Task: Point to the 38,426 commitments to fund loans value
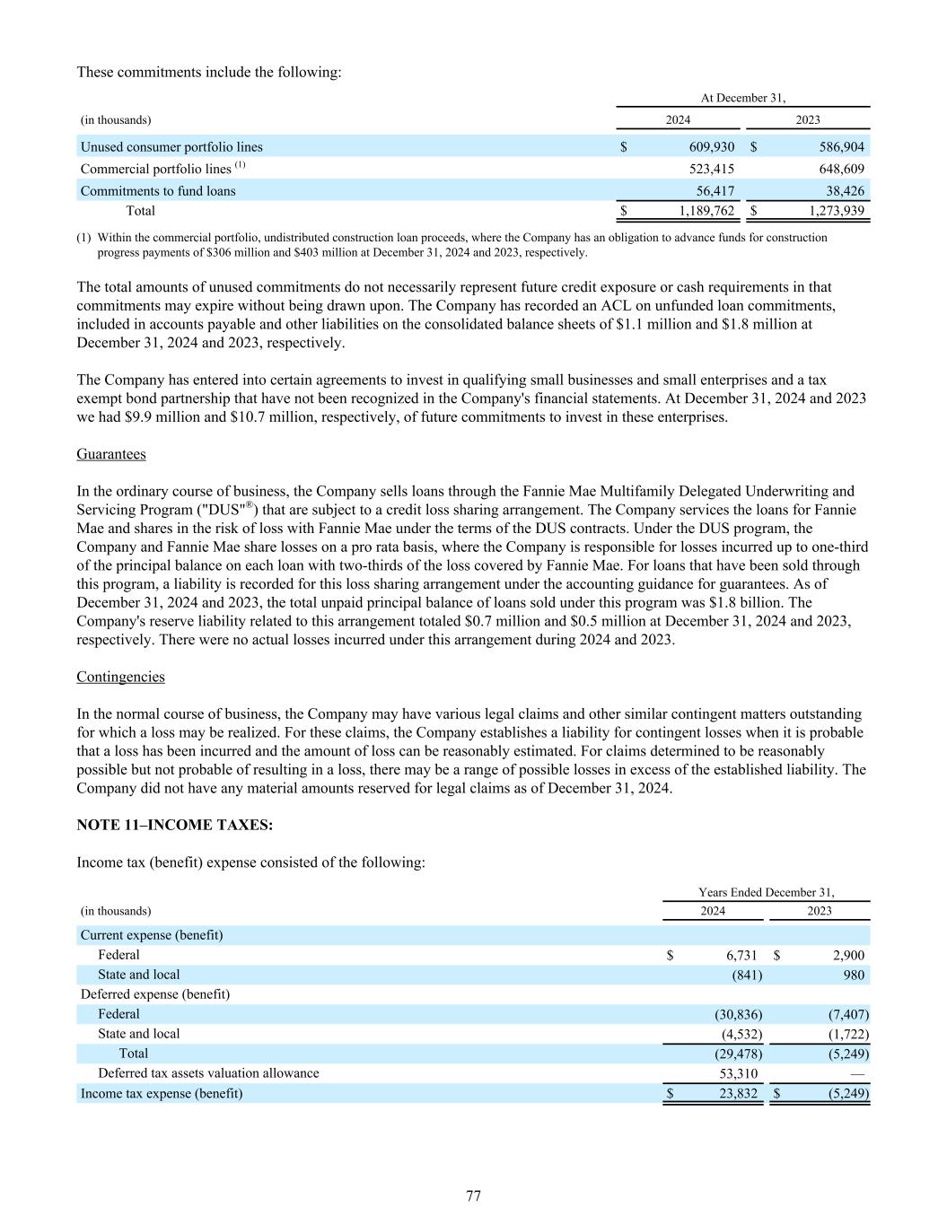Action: (x=845, y=190)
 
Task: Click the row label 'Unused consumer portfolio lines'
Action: (x=171, y=146)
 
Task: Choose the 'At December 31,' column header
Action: (x=742, y=98)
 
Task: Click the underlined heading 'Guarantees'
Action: (x=111, y=454)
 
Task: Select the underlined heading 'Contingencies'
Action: (x=120, y=677)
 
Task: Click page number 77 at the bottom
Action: (x=474, y=1195)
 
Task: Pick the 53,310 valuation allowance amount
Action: (x=738, y=1073)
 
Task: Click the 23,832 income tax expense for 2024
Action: (x=738, y=1093)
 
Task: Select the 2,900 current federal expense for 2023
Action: (x=846, y=955)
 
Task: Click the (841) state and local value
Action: (x=745, y=975)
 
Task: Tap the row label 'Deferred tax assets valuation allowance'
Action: (x=208, y=1073)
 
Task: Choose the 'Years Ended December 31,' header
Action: (x=766, y=892)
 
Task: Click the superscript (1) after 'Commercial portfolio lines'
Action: (x=241, y=166)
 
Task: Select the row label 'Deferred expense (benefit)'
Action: (x=155, y=994)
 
